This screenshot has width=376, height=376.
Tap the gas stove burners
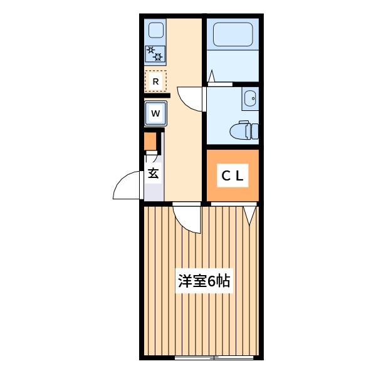click(x=155, y=55)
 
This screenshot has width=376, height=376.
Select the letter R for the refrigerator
click(x=155, y=81)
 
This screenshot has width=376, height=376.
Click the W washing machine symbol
click(x=156, y=113)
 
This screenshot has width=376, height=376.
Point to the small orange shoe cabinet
click(x=150, y=142)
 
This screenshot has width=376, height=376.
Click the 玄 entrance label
click(x=154, y=174)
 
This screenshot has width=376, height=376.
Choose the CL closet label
click(x=232, y=176)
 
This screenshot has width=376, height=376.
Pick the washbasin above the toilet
click(x=250, y=98)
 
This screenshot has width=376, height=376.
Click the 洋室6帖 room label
click(x=204, y=281)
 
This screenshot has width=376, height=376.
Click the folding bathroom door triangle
click(x=212, y=78)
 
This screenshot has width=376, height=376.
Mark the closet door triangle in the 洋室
click(x=251, y=215)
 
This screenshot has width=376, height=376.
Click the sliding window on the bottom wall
click(x=214, y=358)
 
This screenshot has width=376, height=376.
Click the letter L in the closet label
click(x=241, y=176)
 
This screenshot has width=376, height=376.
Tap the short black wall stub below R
click(x=157, y=95)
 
